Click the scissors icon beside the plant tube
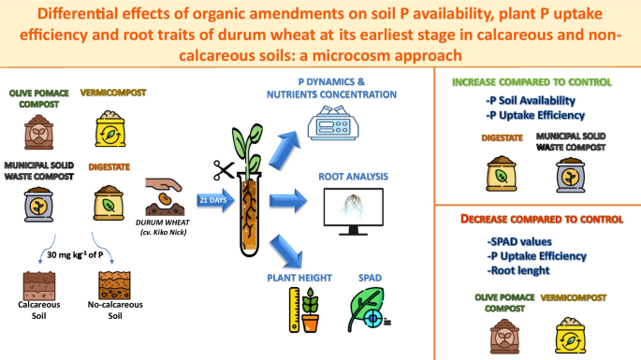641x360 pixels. click(223, 170)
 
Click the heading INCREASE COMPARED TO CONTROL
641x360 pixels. click(532, 81)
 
